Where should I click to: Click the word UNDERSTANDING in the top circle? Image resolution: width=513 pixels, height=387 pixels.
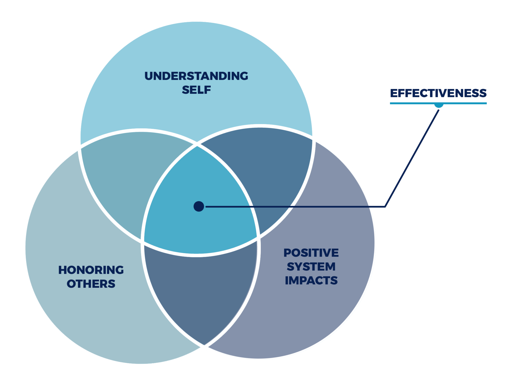pyautogui.click(x=196, y=76)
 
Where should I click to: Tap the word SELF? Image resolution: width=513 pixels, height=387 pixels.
pyautogui.click(x=196, y=90)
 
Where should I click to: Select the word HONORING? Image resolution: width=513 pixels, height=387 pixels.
pyautogui.click(x=91, y=270)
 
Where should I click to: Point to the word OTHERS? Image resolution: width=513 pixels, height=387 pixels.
pyautogui.click(x=91, y=284)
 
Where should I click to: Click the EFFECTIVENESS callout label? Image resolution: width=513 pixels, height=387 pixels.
pyautogui.click(x=438, y=93)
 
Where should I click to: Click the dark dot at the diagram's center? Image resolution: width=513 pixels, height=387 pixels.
pyautogui.click(x=199, y=207)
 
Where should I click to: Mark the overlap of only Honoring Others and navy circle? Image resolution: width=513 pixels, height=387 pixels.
pyautogui.click(x=200, y=288)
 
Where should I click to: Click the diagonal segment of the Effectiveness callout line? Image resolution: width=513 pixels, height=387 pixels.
pyautogui.click(x=412, y=158)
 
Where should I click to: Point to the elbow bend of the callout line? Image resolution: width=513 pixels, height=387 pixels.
pyautogui.click(x=385, y=207)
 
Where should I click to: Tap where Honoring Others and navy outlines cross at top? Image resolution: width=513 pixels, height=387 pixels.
pyautogui.click(x=197, y=145)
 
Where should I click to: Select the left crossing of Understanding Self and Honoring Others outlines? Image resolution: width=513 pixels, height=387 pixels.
pyautogui.click(x=79, y=147)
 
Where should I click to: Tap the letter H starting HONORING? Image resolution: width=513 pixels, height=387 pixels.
pyautogui.click(x=63, y=270)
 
